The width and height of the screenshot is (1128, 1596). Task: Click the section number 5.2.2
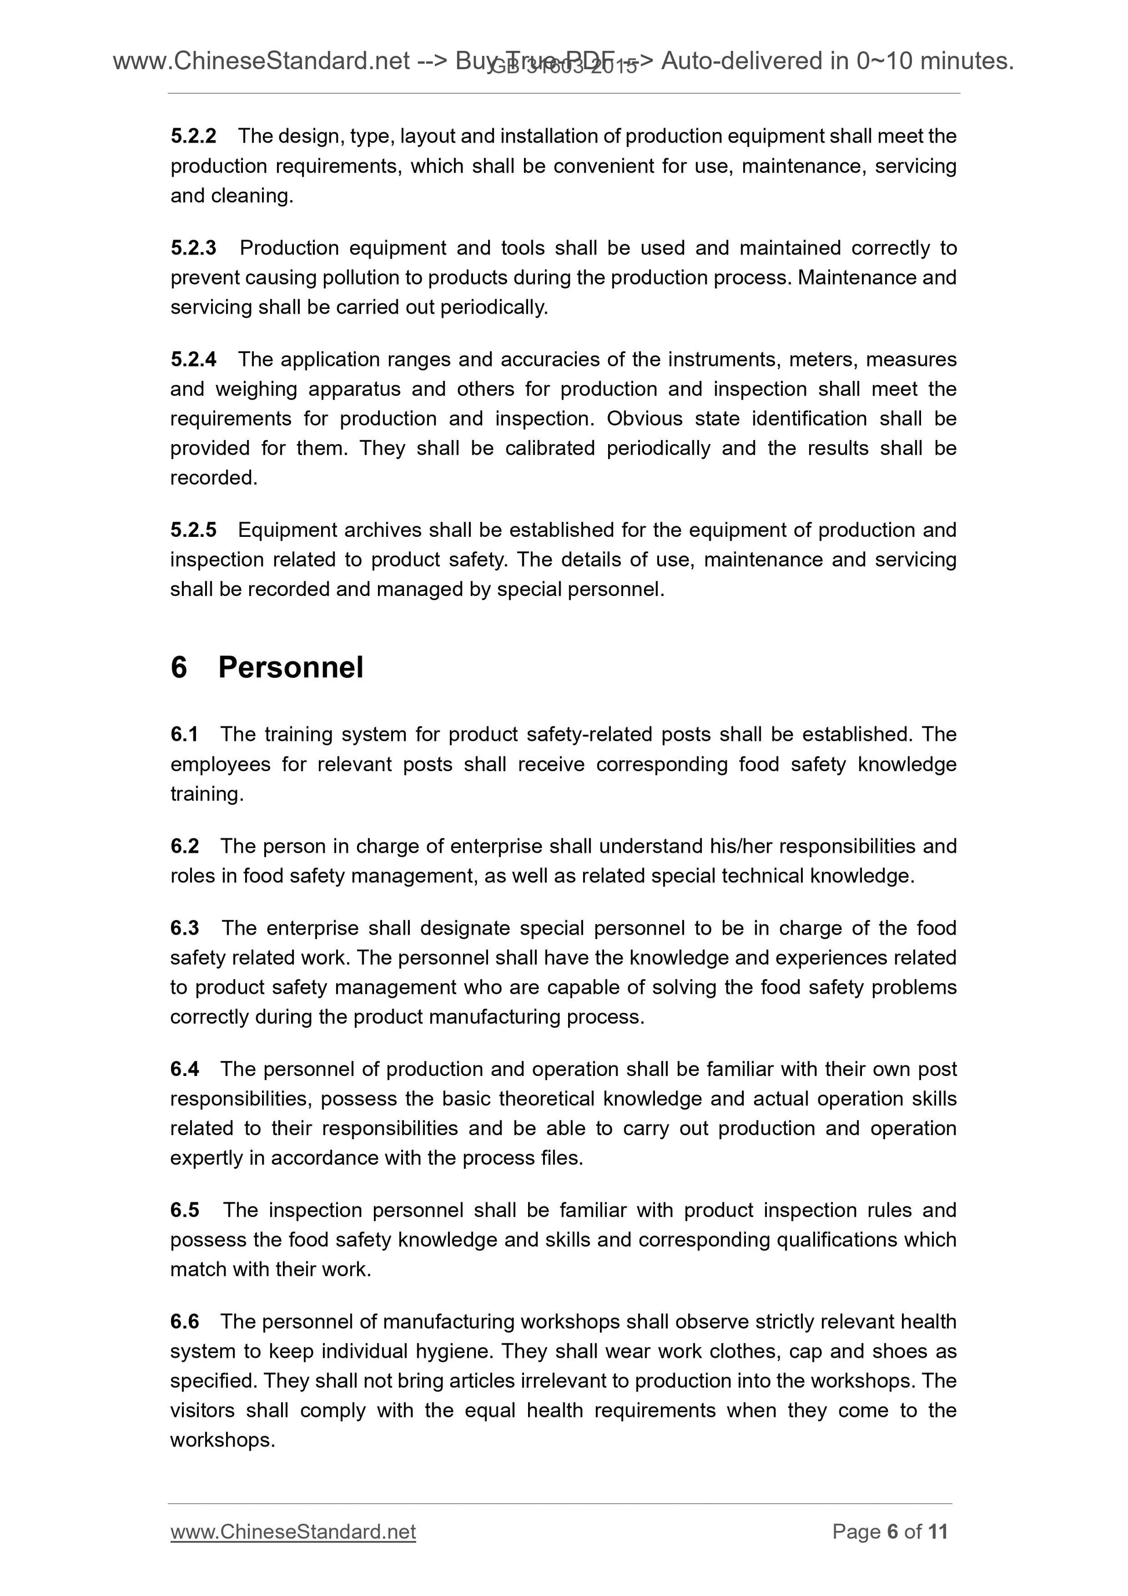[193, 136]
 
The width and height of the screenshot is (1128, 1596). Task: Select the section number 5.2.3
[193, 248]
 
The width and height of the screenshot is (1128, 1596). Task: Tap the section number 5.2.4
[193, 359]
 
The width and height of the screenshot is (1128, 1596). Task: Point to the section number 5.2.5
[193, 530]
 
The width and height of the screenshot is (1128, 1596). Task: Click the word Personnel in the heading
[290, 667]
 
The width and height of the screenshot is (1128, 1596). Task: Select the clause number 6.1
[184, 735]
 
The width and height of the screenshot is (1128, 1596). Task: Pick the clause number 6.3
[184, 929]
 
